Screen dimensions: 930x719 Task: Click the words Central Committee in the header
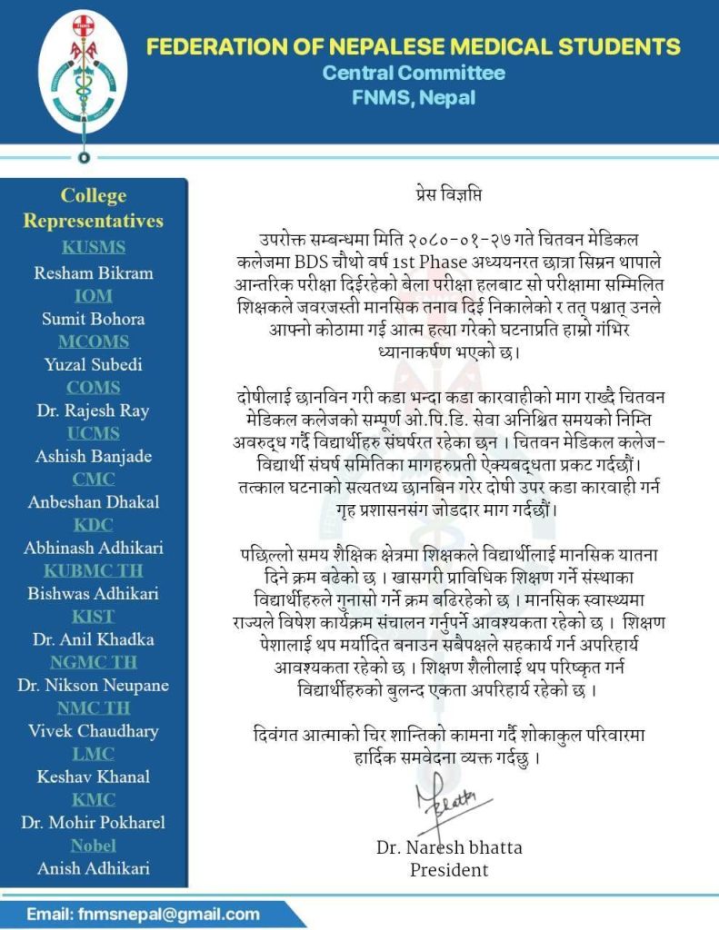(414, 73)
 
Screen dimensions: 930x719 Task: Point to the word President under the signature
(449, 870)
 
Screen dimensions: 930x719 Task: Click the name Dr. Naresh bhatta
(449, 847)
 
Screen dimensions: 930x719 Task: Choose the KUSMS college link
(94, 247)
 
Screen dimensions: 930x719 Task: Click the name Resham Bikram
(94, 272)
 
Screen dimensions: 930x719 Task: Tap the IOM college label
(94, 295)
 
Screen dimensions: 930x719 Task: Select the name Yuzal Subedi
(94, 365)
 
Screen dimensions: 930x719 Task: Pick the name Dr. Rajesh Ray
(94, 411)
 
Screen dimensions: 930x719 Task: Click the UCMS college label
(94, 433)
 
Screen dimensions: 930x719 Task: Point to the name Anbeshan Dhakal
(94, 501)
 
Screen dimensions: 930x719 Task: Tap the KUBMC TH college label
(94, 570)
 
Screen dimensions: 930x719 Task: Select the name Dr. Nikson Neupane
(94, 685)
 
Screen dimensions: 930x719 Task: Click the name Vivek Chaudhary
(94, 730)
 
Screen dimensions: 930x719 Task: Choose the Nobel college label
(94, 846)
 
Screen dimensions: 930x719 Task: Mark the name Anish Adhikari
(94, 868)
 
